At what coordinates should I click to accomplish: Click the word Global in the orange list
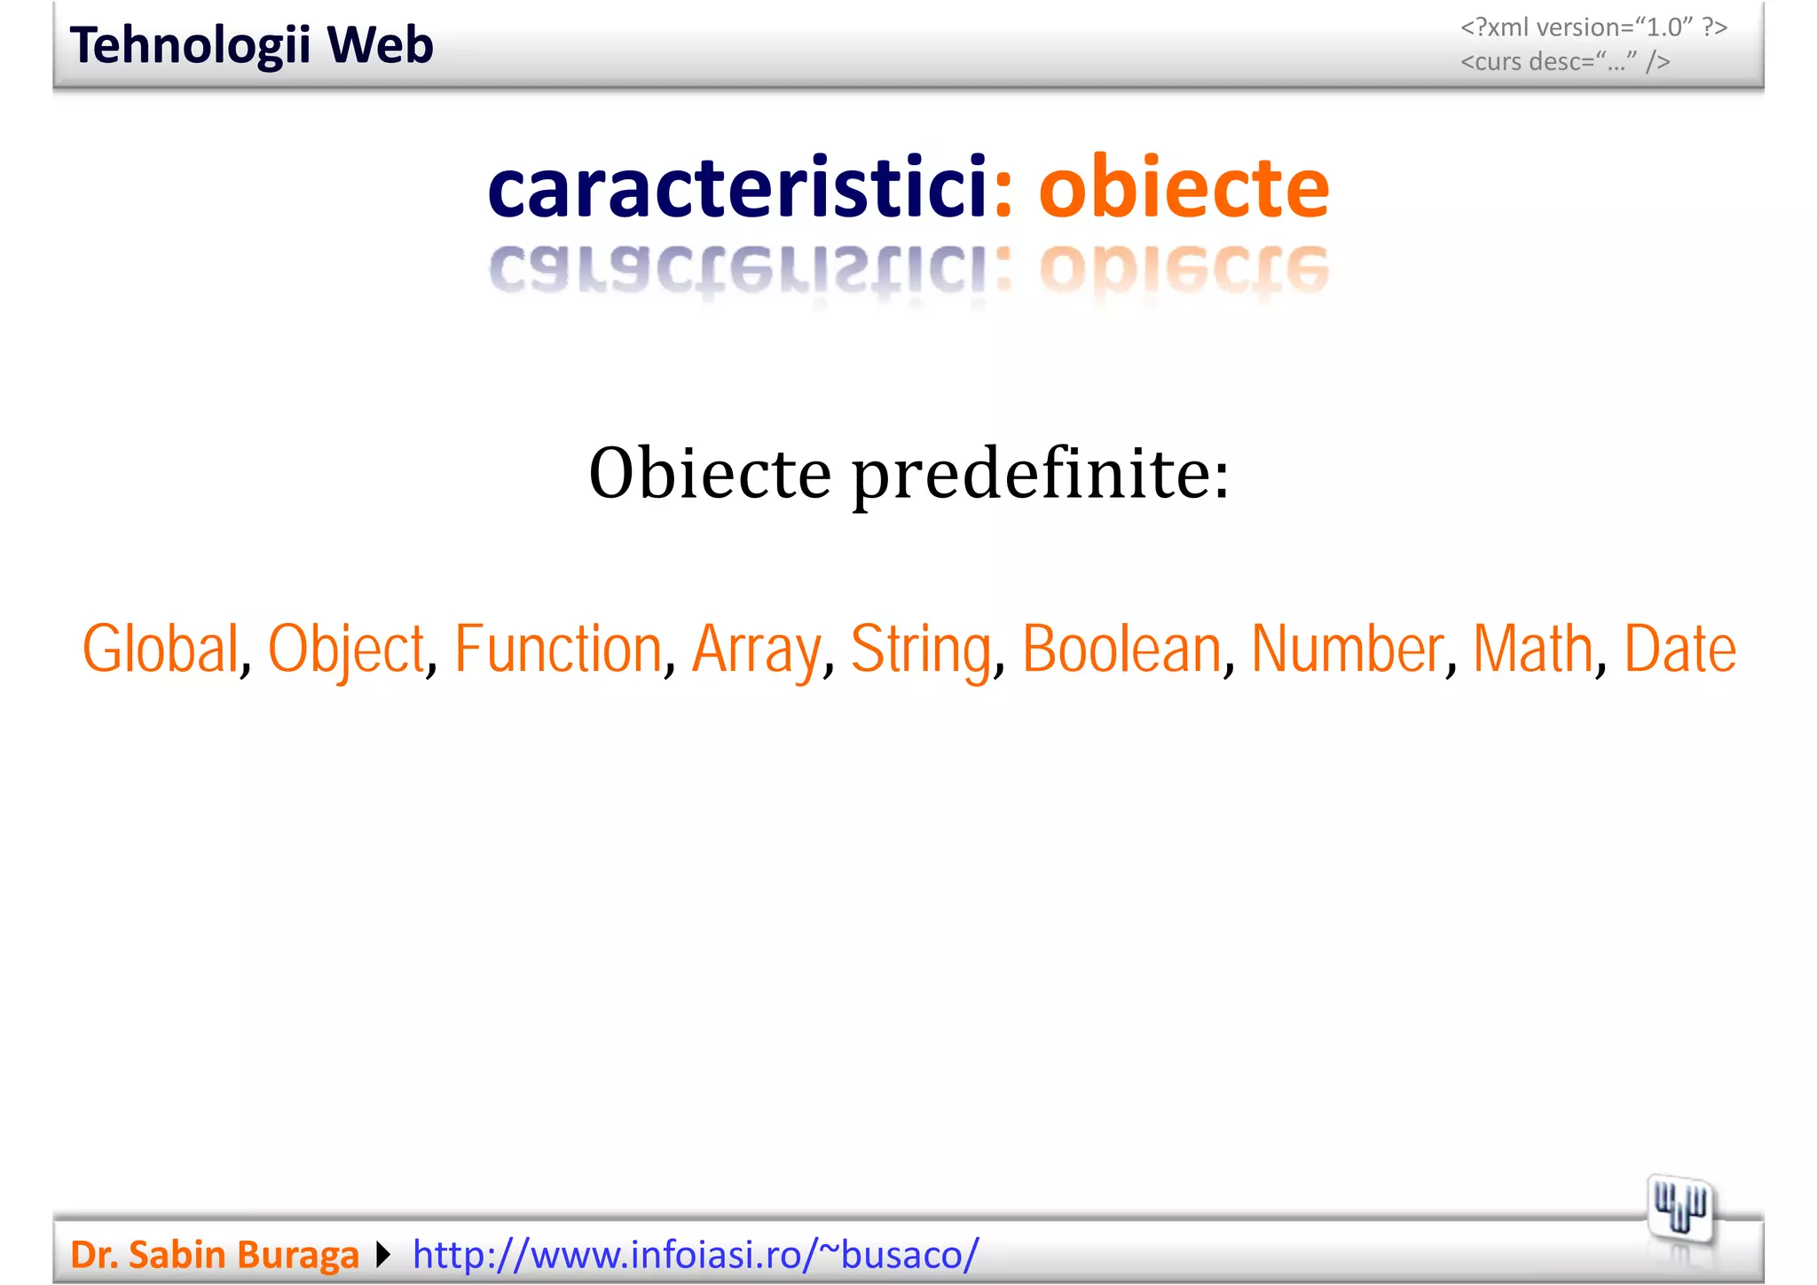(x=161, y=649)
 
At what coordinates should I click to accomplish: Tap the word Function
(x=558, y=649)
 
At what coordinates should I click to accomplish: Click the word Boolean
(x=1121, y=649)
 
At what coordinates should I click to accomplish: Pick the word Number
(x=1348, y=649)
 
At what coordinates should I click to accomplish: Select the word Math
(x=1532, y=649)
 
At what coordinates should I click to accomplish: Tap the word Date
(x=1679, y=649)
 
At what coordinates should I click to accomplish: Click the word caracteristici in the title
(x=737, y=187)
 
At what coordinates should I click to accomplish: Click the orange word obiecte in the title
(x=1184, y=187)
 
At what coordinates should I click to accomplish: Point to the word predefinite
(x=1041, y=475)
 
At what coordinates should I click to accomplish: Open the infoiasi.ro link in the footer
(x=696, y=1254)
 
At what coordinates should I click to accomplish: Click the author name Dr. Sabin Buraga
(x=215, y=1254)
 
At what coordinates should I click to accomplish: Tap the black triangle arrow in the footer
(x=383, y=1254)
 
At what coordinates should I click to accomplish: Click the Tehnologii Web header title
(x=251, y=45)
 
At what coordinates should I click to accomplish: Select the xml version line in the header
(x=1593, y=28)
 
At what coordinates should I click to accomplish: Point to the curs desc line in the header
(x=1565, y=61)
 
